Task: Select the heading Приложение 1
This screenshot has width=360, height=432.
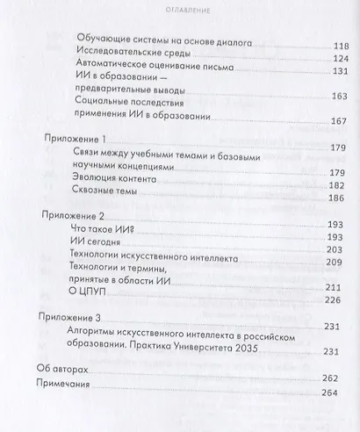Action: [75, 140]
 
